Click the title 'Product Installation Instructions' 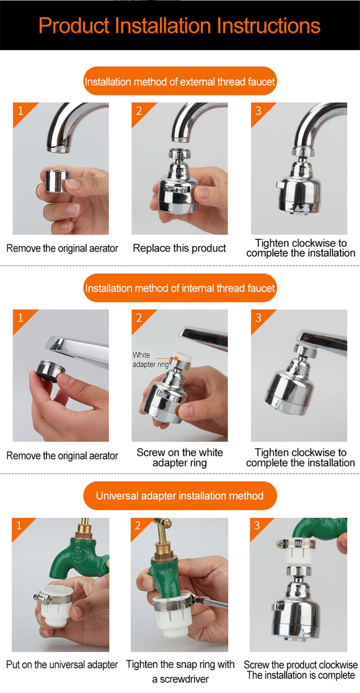click(179, 26)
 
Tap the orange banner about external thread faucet click(180, 81)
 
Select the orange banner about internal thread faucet click(180, 288)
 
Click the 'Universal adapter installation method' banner click(180, 496)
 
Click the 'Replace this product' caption click(179, 248)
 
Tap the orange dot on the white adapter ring click(176, 358)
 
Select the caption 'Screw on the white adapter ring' click(180, 457)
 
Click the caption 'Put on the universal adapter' click(62, 665)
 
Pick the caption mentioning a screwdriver click(180, 671)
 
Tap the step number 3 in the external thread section click(258, 111)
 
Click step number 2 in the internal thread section click(139, 318)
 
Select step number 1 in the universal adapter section click(19, 526)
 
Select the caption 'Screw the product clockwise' click(301, 665)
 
